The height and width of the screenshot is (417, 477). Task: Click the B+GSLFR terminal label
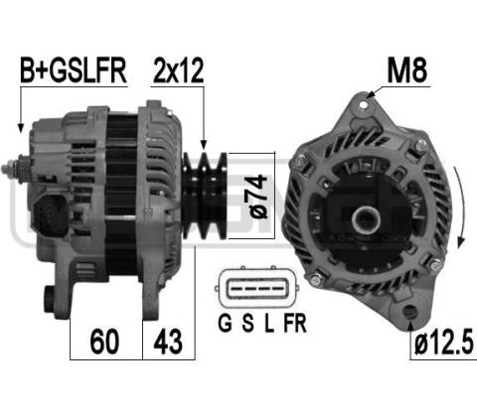(x=74, y=70)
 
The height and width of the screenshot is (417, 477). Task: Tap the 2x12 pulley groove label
(x=178, y=70)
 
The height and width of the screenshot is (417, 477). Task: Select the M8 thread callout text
(x=407, y=70)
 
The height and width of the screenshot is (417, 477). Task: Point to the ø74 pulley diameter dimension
(x=258, y=196)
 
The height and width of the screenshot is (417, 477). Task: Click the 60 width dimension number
(x=104, y=342)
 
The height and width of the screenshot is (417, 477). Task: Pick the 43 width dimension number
(x=168, y=342)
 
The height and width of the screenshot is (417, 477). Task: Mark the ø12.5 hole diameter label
(x=443, y=343)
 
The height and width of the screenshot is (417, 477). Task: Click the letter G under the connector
(x=225, y=323)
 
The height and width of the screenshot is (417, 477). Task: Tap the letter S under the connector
(x=247, y=323)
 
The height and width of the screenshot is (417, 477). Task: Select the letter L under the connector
(x=269, y=323)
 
